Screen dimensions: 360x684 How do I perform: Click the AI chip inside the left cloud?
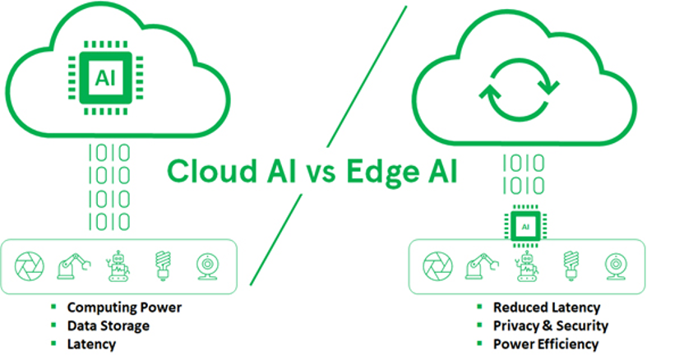click(x=104, y=77)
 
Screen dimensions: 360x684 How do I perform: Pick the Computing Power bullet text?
click(x=123, y=307)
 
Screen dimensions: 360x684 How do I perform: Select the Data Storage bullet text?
click(x=108, y=325)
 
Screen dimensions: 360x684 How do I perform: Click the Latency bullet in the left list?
click(x=90, y=344)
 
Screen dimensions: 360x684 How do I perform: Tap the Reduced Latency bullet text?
click(x=546, y=307)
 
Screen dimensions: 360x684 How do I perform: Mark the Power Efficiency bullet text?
click(x=545, y=344)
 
